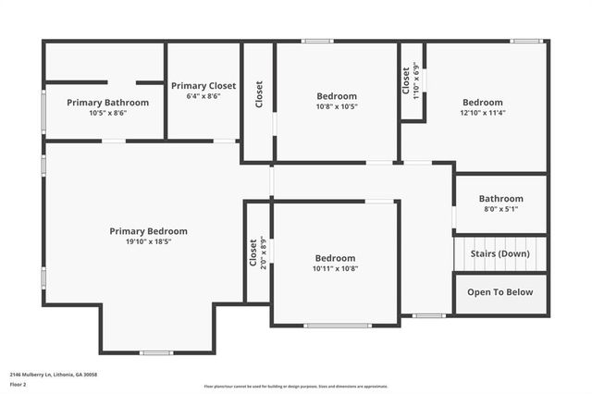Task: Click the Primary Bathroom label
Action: click(x=107, y=103)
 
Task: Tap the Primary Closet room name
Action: click(x=203, y=85)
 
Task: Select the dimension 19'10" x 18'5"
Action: click(x=148, y=242)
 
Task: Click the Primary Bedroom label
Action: click(x=148, y=231)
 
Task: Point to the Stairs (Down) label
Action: click(x=500, y=253)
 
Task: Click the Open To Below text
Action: click(x=500, y=292)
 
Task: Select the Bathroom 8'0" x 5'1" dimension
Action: click(x=500, y=209)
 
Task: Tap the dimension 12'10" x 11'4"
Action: click(x=483, y=113)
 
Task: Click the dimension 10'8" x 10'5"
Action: click(x=337, y=106)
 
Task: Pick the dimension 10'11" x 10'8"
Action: click(x=335, y=269)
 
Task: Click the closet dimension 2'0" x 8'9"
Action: click(x=264, y=252)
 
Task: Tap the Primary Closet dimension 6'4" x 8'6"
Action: click(x=203, y=95)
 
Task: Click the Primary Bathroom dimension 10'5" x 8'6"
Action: click(x=107, y=113)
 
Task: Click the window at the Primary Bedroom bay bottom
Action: click(x=156, y=352)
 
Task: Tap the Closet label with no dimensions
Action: click(x=259, y=93)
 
